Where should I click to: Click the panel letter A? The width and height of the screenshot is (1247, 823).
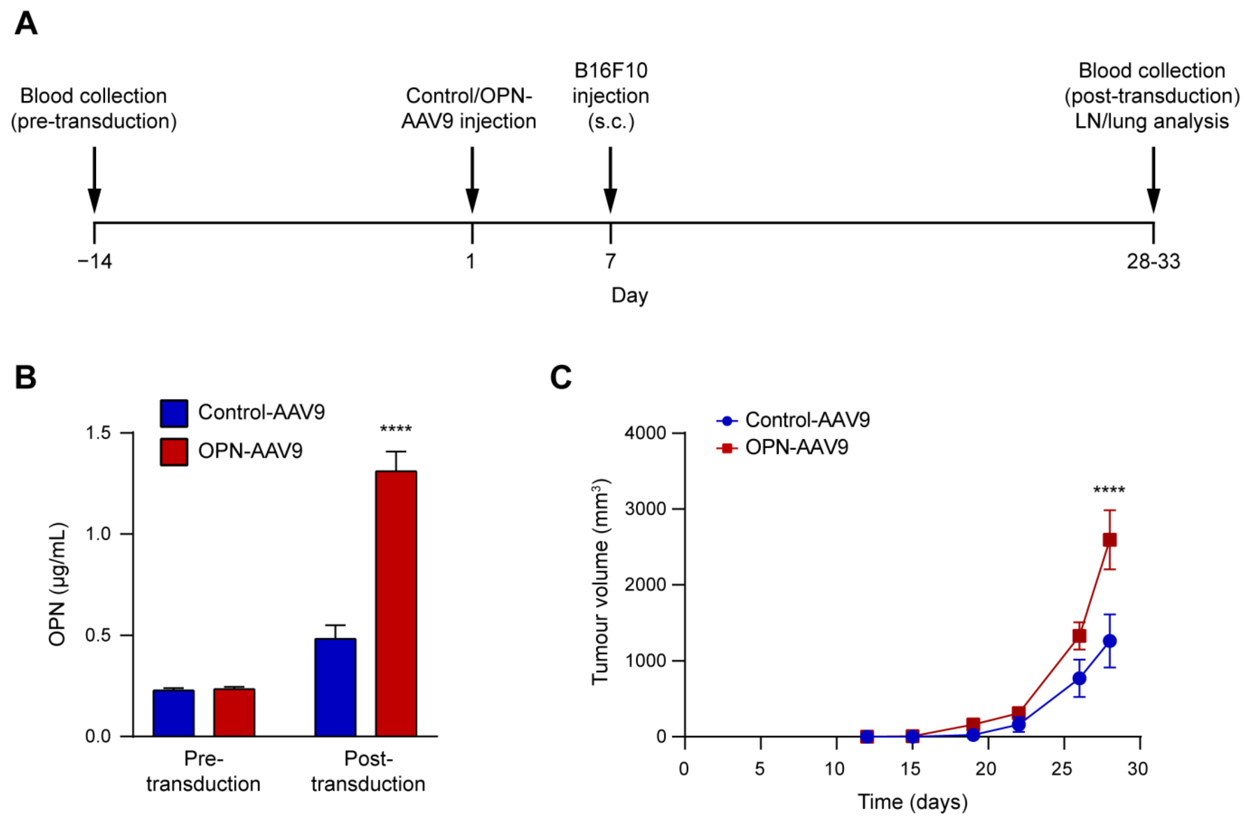(x=26, y=23)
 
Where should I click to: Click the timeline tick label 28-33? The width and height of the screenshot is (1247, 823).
(x=1153, y=261)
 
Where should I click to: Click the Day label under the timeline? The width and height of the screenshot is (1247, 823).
(x=630, y=295)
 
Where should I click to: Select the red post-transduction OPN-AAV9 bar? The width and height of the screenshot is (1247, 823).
(x=396, y=603)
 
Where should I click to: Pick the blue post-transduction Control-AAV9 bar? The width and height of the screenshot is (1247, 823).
(x=335, y=687)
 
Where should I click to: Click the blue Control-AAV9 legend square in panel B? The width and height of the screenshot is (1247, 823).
(x=174, y=413)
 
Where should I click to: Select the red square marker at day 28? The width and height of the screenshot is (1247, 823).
(x=1109, y=540)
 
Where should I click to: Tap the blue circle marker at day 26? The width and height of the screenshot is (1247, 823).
(x=1079, y=678)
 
